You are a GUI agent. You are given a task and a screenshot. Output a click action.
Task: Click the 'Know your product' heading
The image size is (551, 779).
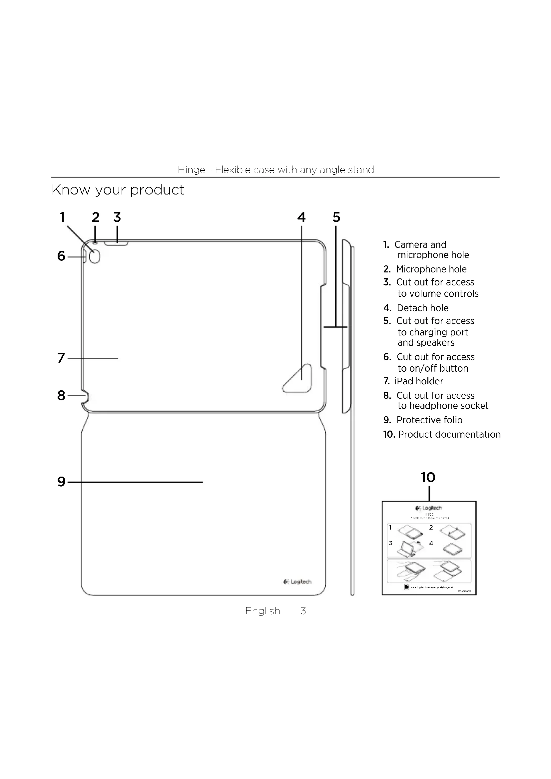pos(118,190)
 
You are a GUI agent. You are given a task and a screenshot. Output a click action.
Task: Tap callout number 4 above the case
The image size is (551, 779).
pos(301,217)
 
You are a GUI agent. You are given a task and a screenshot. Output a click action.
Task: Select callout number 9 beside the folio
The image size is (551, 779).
pos(61,482)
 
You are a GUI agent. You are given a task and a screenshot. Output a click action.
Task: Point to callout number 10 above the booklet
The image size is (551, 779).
pos(428,477)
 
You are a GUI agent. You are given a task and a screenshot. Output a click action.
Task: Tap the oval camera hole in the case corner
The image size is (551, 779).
pos(95,256)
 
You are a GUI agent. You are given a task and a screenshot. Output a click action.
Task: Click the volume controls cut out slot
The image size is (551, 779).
pos(116,243)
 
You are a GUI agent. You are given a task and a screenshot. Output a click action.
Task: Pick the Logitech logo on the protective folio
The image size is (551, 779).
pos(297,582)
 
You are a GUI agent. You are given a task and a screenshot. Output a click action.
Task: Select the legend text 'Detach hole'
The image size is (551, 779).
pos(422,308)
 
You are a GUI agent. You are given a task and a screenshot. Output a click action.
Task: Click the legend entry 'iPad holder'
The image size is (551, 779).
pos(418,381)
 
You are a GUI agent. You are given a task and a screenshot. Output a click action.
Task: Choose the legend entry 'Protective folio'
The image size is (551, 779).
pos(429,420)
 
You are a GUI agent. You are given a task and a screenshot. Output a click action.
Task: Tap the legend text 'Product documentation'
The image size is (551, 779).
pos(449,434)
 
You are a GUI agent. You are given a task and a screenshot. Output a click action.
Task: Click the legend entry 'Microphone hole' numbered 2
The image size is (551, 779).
pos(431,269)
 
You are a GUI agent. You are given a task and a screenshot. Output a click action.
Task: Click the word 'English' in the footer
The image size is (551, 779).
pos(263,611)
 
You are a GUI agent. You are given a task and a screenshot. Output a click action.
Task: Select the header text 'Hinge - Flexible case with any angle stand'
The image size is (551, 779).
pos(275,170)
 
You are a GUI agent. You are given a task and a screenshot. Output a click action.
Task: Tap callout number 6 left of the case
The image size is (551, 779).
pos(61,256)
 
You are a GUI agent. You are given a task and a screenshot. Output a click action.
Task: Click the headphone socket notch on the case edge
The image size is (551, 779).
pos(86,396)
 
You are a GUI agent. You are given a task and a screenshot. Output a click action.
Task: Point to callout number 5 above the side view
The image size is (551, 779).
pos(336,217)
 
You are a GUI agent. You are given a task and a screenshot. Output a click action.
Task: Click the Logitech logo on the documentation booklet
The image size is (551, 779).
pos(428,508)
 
